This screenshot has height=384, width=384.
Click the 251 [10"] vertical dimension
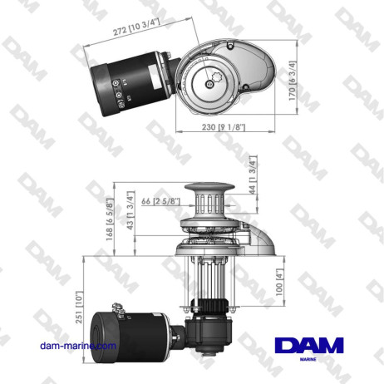(78, 306)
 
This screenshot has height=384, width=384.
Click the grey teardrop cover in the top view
(249, 70)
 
